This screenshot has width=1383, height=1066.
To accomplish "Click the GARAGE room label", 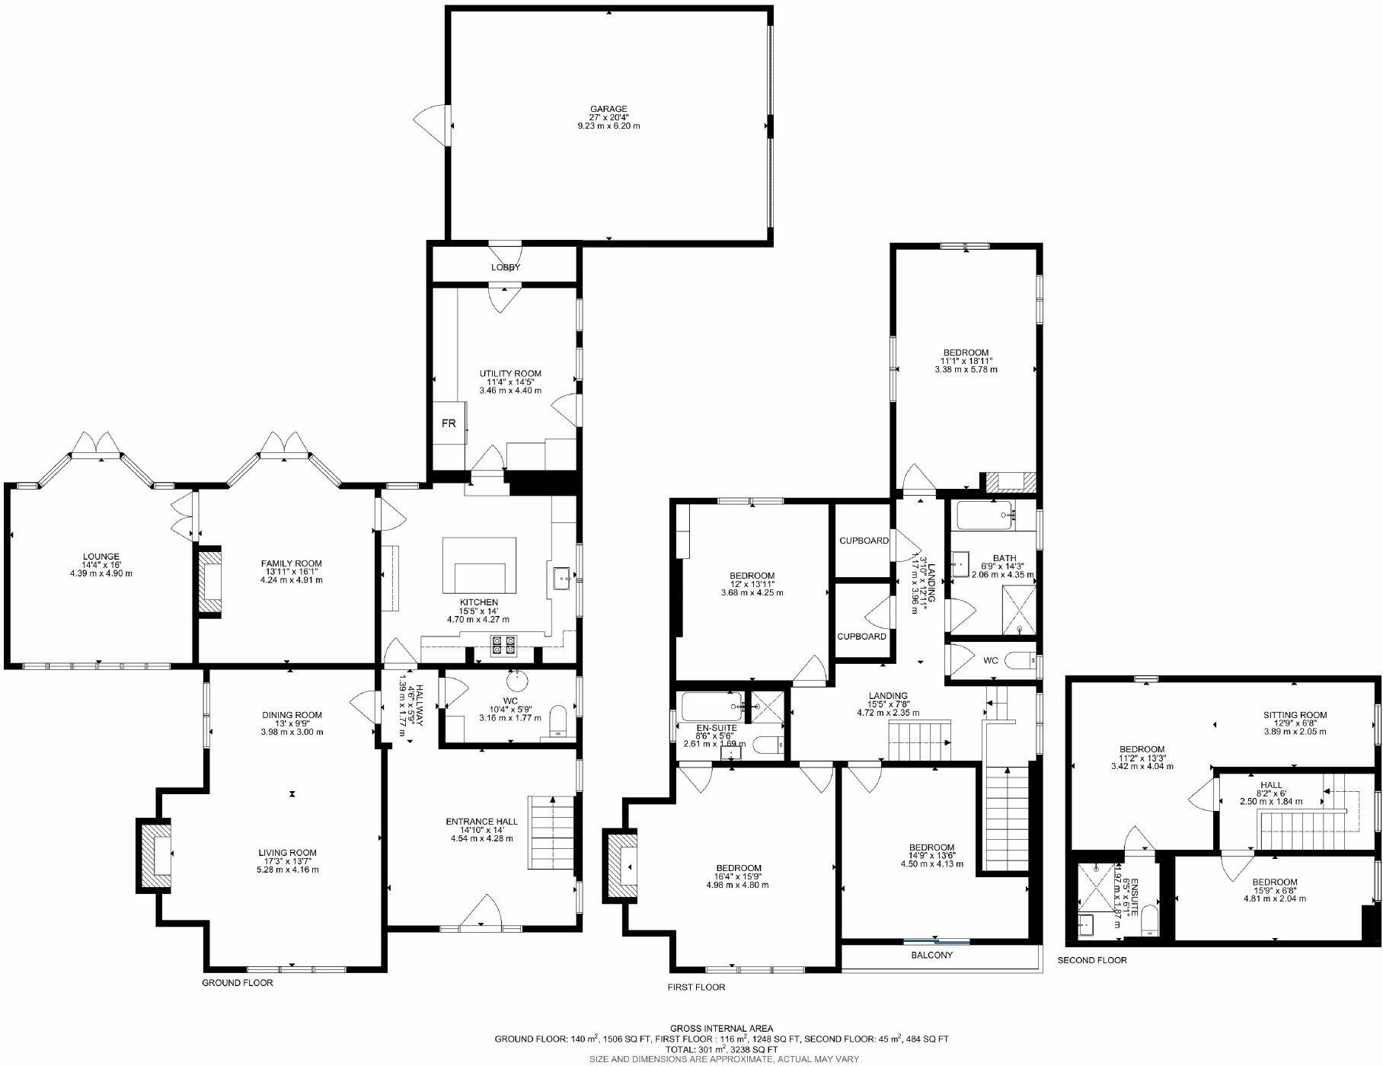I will tap(608, 109).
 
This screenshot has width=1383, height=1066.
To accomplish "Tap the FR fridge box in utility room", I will tap(449, 423).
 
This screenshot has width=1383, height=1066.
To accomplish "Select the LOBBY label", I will tap(506, 267).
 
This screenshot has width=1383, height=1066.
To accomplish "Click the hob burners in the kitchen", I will tap(501, 645).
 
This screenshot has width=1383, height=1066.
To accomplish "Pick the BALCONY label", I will tap(931, 955).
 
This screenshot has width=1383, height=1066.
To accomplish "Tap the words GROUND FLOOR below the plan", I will tap(237, 983).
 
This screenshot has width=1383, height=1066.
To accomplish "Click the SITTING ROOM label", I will tap(1295, 715).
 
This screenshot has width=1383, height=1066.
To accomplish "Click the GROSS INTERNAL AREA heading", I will tap(721, 1028).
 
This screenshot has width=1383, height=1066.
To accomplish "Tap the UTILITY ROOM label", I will tap(510, 374).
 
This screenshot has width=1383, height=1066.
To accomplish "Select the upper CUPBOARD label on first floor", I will tap(864, 541).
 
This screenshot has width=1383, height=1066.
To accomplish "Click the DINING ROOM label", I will tap(292, 715).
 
